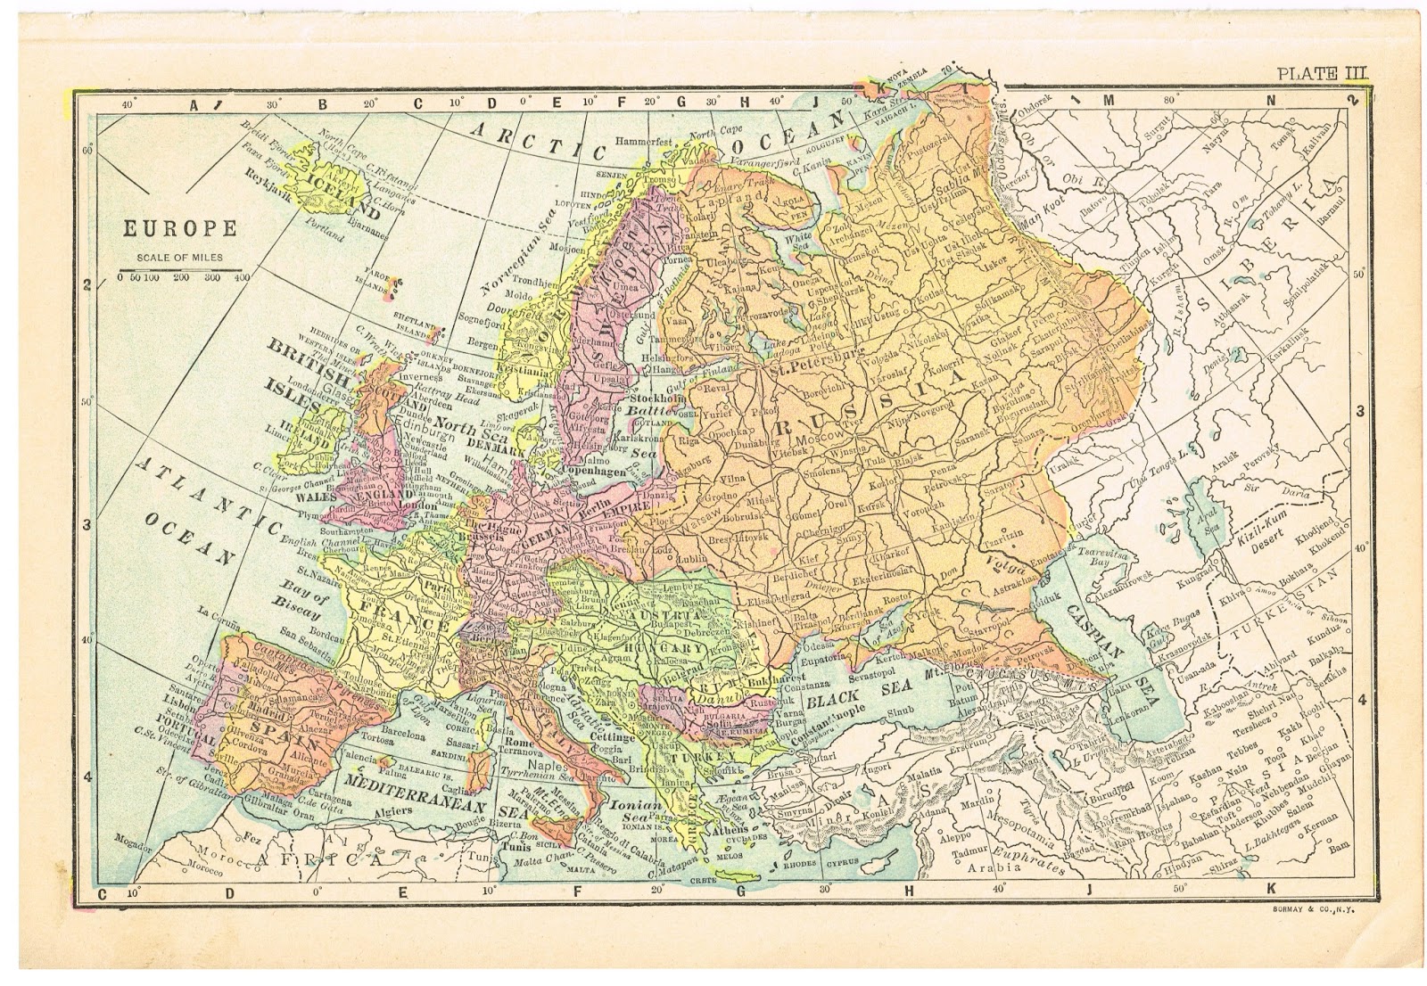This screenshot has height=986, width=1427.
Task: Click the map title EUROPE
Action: click(179, 228)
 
